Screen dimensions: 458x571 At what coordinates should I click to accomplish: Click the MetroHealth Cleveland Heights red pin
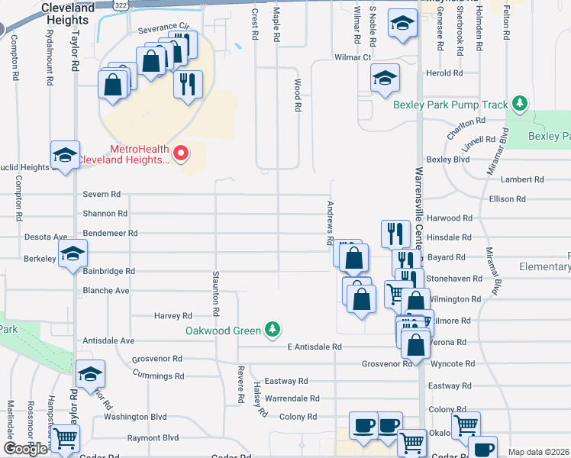(x=181, y=153)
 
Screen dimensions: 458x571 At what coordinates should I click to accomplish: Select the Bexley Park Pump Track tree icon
(x=520, y=103)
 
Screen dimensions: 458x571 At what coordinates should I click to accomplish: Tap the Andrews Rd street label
(x=331, y=222)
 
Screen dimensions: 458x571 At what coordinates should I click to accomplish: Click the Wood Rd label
(x=298, y=98)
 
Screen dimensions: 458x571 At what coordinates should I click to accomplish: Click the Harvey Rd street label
(x=173, y=315)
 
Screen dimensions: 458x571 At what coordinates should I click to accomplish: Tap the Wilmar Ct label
(x=352, y=57)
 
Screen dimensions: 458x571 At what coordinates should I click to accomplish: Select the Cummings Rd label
(x=158, y=376)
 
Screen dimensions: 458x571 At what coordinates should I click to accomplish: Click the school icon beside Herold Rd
(x=385, y=77)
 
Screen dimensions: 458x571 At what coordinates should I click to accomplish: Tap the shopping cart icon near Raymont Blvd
(x=66, y=438)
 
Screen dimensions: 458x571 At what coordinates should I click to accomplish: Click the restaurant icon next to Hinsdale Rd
(x=394, y=232)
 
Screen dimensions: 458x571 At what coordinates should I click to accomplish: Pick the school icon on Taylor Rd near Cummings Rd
(x=90, y=373)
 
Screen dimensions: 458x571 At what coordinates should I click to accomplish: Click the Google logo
(x=25, y=449)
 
